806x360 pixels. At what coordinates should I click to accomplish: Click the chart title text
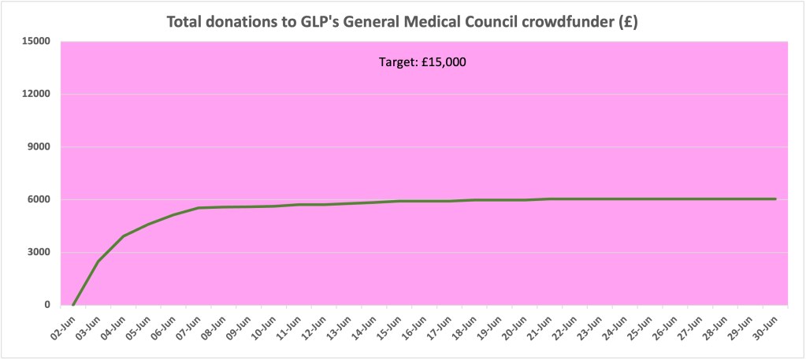click(402, 21)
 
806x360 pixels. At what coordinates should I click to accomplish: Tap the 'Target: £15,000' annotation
click(423, 62)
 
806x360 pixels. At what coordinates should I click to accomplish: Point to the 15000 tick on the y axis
click(35, 41)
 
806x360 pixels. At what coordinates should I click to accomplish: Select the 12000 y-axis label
click(35, 94)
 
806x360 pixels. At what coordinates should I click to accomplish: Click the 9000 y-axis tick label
click(38, 147)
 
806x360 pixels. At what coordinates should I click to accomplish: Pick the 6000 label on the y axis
click(38, 199)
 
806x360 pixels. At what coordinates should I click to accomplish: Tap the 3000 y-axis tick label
click(38, 252)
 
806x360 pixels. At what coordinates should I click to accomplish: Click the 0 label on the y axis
click(46, 305)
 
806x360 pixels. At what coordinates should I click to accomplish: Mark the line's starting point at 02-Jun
click(73, 304)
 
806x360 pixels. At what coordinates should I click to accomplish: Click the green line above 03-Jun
click(98, 262)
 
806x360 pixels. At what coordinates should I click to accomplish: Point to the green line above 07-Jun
click(199, 208)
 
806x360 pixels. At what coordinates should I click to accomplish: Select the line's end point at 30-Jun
click(776, 199)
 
